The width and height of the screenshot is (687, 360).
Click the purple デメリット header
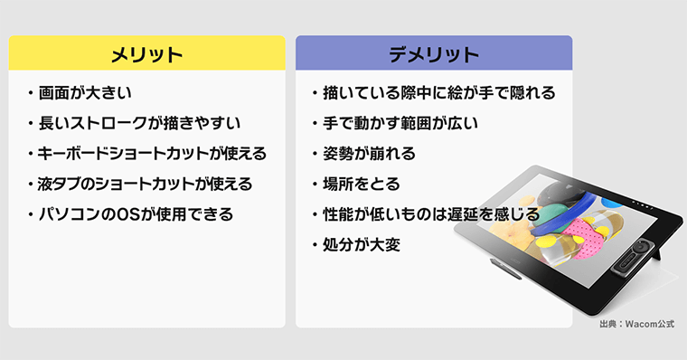[434, 53]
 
